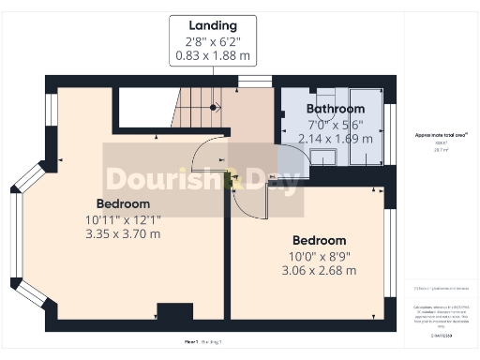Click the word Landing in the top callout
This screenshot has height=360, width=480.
tap(212, 25)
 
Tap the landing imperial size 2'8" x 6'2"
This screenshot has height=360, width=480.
tap(212, 41)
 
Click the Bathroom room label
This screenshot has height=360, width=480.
tap(335, 109)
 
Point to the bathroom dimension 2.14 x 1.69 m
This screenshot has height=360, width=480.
tap(335, 139)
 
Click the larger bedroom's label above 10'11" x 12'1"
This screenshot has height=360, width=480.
tap(123, 203)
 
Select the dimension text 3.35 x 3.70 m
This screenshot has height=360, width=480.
tap(123, 235)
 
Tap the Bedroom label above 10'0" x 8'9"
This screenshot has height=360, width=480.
tap(320, 239)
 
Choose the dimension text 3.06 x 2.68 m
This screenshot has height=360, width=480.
tap(320, 270)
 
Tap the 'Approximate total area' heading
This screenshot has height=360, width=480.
tap(435, 135)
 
